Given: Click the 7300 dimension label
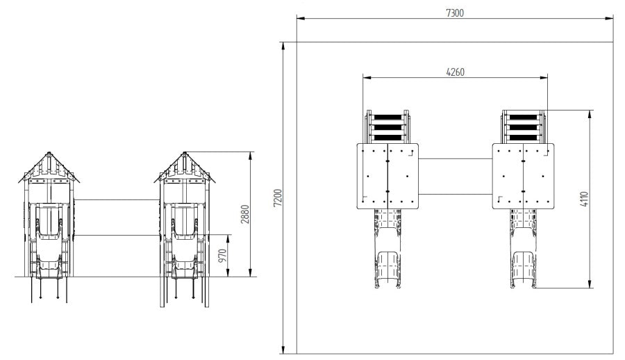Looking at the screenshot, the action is tap(455, 13).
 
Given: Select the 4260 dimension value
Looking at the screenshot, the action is tap(455, 72).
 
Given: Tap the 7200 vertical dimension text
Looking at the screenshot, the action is tap(278, 197).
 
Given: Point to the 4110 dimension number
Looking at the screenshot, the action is tap(584, 199).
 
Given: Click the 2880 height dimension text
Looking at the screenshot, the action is tap(244, 214).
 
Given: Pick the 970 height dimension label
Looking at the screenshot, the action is tap(222, 256).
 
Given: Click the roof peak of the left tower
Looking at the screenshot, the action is tap(49, 152).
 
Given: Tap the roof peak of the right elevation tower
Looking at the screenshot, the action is tap(185, 152).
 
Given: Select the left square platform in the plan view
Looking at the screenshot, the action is tap(387, 176).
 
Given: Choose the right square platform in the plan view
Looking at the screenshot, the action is tap(524, 176).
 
